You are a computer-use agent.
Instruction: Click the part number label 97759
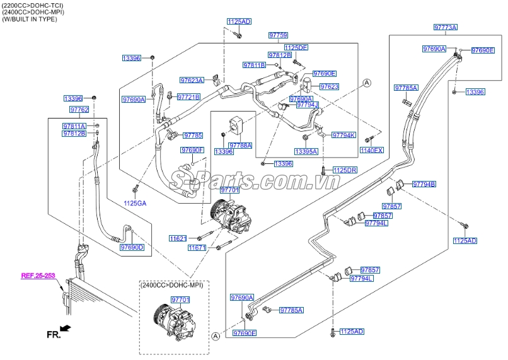point(278,35)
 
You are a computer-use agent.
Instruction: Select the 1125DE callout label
point(295,47)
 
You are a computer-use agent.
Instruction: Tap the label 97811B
point(255,65)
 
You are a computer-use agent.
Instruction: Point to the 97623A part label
point(192,80)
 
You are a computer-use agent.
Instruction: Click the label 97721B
point(188,97)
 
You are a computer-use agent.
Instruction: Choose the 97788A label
point(240,145)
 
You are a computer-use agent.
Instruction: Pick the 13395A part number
point(306,151)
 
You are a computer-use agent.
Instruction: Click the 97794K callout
point(344,135)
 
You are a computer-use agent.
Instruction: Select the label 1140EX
point(371,150)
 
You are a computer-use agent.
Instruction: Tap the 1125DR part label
point(345,170)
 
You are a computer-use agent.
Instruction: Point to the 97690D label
point(132,247)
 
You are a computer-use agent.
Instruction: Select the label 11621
point(178,238)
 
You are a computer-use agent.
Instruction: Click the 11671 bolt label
point(197,248)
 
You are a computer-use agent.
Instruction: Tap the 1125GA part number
point(134,203)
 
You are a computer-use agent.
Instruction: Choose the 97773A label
point(445,27)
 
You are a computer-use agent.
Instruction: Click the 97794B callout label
point(424,184)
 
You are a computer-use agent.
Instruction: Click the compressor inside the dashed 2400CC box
point(170,318)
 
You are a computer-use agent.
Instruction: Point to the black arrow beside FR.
point(66,328)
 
